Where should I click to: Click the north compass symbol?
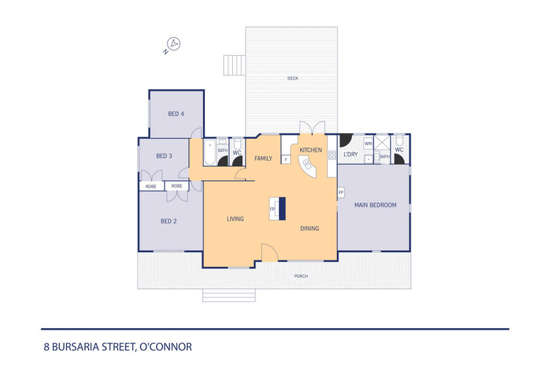tap(172, 45)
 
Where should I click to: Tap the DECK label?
tap(293, 78)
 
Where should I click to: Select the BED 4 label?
tap(176, 114)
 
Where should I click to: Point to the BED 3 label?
tap(164, 156)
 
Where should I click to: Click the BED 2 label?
tap(169, 221)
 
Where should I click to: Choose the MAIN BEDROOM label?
tap(375, 205)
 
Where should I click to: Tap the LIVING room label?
tap(235, 219)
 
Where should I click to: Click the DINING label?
tap(310, 228)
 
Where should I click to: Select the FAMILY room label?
tap(263, 159)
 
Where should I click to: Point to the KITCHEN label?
tap(310, 150)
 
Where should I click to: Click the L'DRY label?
tap(351, 154)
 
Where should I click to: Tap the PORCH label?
tap(301, 277)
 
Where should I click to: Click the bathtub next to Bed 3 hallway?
tap(210, 152)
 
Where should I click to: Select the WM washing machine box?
tap(368, 144)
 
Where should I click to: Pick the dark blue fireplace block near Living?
tap(282, 209)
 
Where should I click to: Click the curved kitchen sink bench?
tap(307, 167)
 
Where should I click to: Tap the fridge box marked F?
tap(286, 160)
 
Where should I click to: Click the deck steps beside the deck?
tap(234, 65)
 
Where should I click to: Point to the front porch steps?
tap(229, 295)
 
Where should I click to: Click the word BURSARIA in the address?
tap(75, 347)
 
